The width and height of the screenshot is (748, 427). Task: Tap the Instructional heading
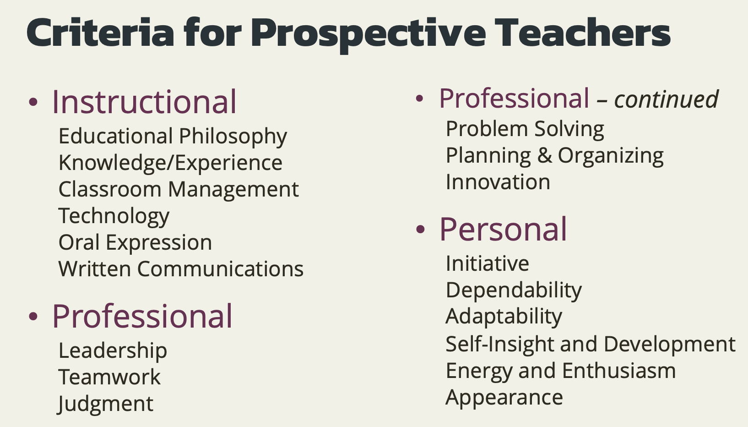tap(144, 102)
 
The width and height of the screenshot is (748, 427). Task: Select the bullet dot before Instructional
tap(33, 102)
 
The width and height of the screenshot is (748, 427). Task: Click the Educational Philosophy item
tap(173, 137)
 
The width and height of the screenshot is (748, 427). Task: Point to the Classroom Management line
tap(179, 190)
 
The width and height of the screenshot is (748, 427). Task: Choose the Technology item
tap(114, 216)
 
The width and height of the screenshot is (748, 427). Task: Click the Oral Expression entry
tap(135, 242)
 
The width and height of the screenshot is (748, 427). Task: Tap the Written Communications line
tap(181, 268)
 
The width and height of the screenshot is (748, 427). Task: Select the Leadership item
tap(113, 351)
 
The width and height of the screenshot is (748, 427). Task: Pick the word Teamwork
tap(109, 377)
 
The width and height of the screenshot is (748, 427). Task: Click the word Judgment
tap(105, 404)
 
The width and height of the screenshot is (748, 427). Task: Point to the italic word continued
tap(667, 99)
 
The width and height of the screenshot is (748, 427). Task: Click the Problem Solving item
tap(525, 129)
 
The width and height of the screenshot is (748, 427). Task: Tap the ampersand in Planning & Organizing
tap(545, 156)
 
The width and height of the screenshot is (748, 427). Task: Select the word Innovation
tap(498, 182)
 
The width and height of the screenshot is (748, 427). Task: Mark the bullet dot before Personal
tap(420, 229)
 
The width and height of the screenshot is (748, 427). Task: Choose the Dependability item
tap(514, 290)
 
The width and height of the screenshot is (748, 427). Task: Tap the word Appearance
tap(504, 398)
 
